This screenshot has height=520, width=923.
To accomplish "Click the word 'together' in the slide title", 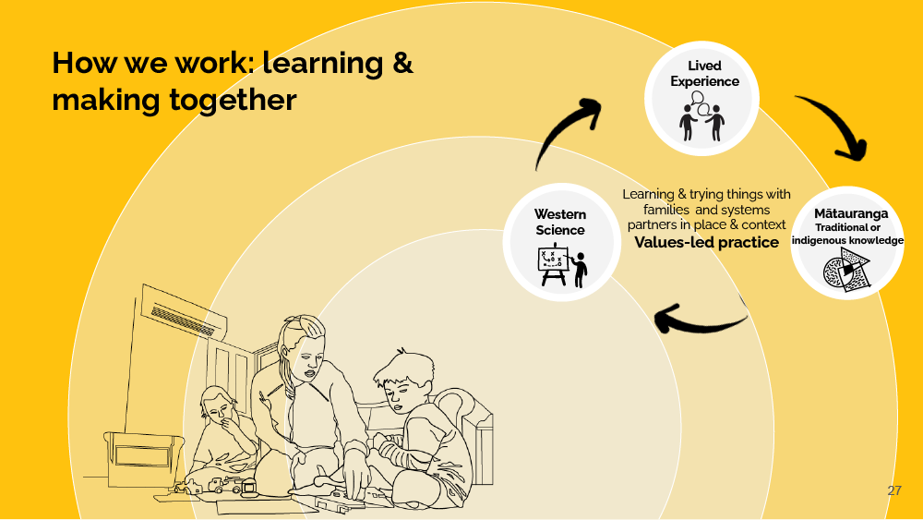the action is (233, 99).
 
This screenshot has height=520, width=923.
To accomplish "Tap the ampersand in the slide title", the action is (398, 63).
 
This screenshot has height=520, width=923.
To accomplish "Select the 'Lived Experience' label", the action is (704, 73).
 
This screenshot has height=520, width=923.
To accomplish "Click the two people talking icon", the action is (702, 121).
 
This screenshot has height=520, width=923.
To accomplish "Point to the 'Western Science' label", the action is (559, 222).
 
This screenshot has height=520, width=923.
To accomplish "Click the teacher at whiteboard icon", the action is (561, 266).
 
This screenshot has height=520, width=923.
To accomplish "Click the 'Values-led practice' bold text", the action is (706, 243).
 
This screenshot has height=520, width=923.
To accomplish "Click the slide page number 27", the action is (893, 490).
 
